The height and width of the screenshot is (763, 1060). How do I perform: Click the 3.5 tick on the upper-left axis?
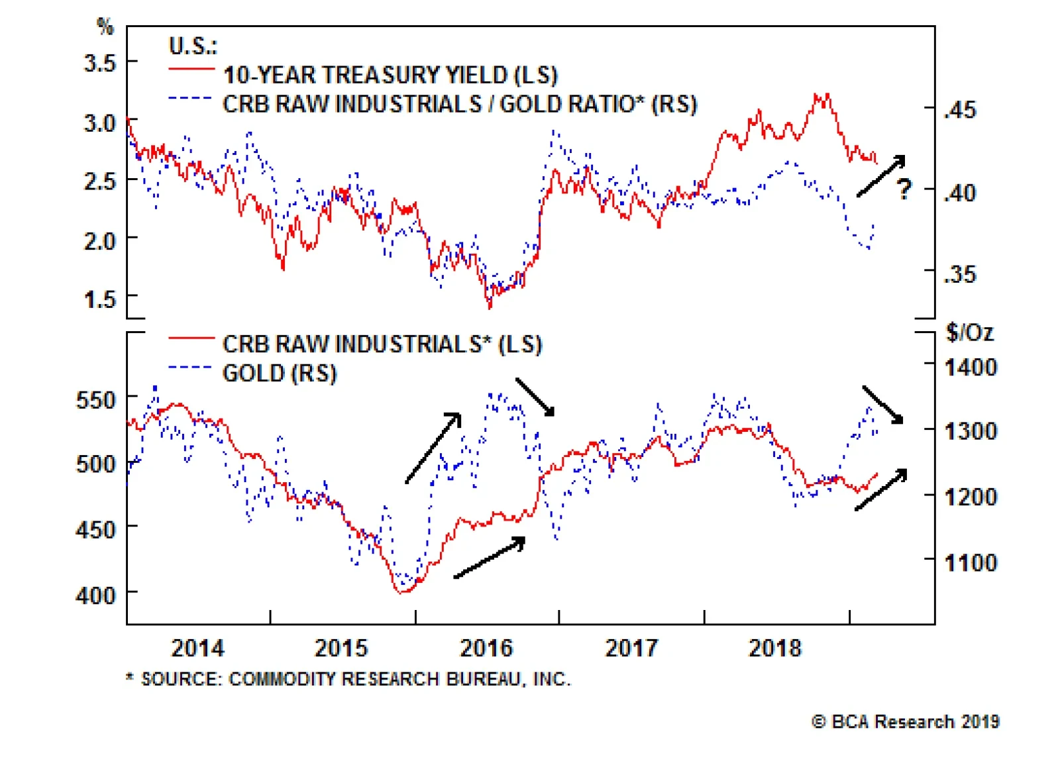[99, 62]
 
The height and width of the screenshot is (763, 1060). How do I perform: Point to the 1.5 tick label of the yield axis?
[99, 299]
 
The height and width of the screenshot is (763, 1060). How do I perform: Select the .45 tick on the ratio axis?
[960, 110]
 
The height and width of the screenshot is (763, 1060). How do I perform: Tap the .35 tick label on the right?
[960, 274]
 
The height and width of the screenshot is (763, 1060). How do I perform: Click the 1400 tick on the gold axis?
[971, 367]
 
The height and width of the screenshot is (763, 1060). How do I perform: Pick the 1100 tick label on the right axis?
[971, 562]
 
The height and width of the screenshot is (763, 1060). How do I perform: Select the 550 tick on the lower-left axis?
[95, 400]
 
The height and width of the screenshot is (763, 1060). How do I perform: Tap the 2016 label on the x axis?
[486, 648]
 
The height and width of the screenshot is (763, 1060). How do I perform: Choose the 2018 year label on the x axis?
[775, 648]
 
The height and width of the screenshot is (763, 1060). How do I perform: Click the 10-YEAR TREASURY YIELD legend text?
[390, 75]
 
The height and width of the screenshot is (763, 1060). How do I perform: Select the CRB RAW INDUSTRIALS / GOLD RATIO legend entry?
[460, 104]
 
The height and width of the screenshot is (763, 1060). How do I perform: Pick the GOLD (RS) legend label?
[279, 374]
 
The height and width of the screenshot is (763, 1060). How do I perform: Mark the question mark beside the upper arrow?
[904, 189]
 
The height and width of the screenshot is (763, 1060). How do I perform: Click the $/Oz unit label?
[970, 333]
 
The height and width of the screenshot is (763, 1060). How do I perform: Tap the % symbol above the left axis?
[105, 26]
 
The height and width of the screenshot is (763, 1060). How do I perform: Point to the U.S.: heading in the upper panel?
[193, 46]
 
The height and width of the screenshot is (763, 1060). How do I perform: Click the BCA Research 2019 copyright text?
[905, 721]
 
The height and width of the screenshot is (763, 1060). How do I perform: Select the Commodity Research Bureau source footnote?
[348, 679]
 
